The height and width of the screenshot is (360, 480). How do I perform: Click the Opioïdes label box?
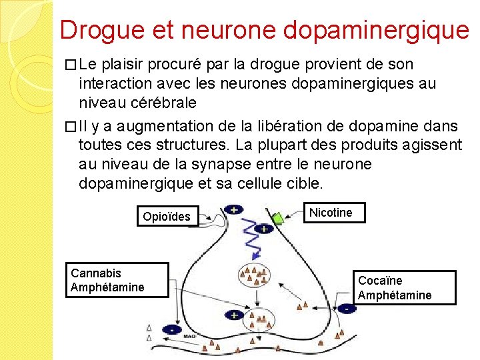166,216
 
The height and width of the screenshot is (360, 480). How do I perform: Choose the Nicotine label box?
331,213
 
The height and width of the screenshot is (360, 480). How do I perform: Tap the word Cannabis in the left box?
96,273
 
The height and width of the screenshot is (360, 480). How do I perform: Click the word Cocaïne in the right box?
380,281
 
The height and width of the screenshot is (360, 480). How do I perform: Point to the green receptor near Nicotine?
277,218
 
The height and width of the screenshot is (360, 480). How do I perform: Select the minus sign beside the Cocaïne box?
347,308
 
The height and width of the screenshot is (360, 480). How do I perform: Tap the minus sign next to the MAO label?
171,329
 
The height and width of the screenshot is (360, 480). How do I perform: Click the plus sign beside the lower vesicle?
233,314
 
